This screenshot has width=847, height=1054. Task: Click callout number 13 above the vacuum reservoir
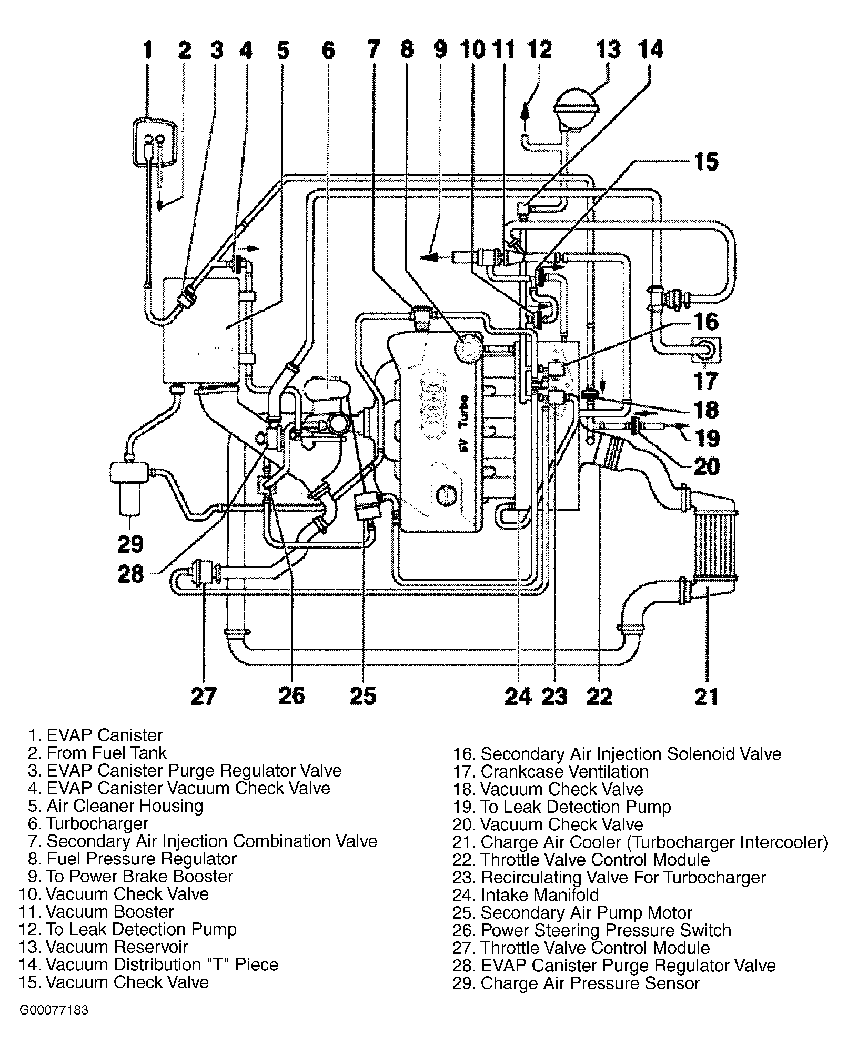pos(608,50)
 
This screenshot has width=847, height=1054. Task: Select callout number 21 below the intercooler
pos(706,696)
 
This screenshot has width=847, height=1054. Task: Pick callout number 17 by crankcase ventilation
pos(705,380)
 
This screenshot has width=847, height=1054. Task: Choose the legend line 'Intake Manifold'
pos(526,894)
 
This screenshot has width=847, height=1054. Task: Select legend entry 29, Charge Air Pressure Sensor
pos(576,983)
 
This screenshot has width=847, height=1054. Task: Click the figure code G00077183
pos(54,1025)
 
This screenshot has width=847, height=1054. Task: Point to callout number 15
pos(705,162)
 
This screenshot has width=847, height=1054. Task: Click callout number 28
pos(130,574)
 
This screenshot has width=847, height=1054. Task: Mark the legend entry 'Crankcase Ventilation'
pos(550,771)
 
